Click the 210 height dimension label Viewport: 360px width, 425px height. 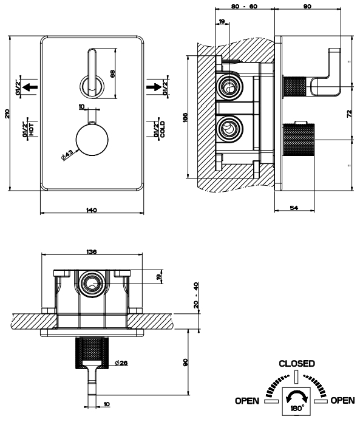[x=7, y=114]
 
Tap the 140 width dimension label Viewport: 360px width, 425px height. [x=91, y=210]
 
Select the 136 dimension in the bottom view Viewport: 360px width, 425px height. [x=91, y=251]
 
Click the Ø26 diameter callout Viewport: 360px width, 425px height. [x=121, y=362]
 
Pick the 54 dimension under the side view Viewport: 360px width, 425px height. [x=294, y=208]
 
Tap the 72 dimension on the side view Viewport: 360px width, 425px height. [x=350, y=114]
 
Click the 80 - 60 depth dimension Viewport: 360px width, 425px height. [x=245, y=6]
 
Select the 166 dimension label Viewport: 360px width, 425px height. [x=185, y=117]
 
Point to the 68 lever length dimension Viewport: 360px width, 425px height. [x=113, y=73]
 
